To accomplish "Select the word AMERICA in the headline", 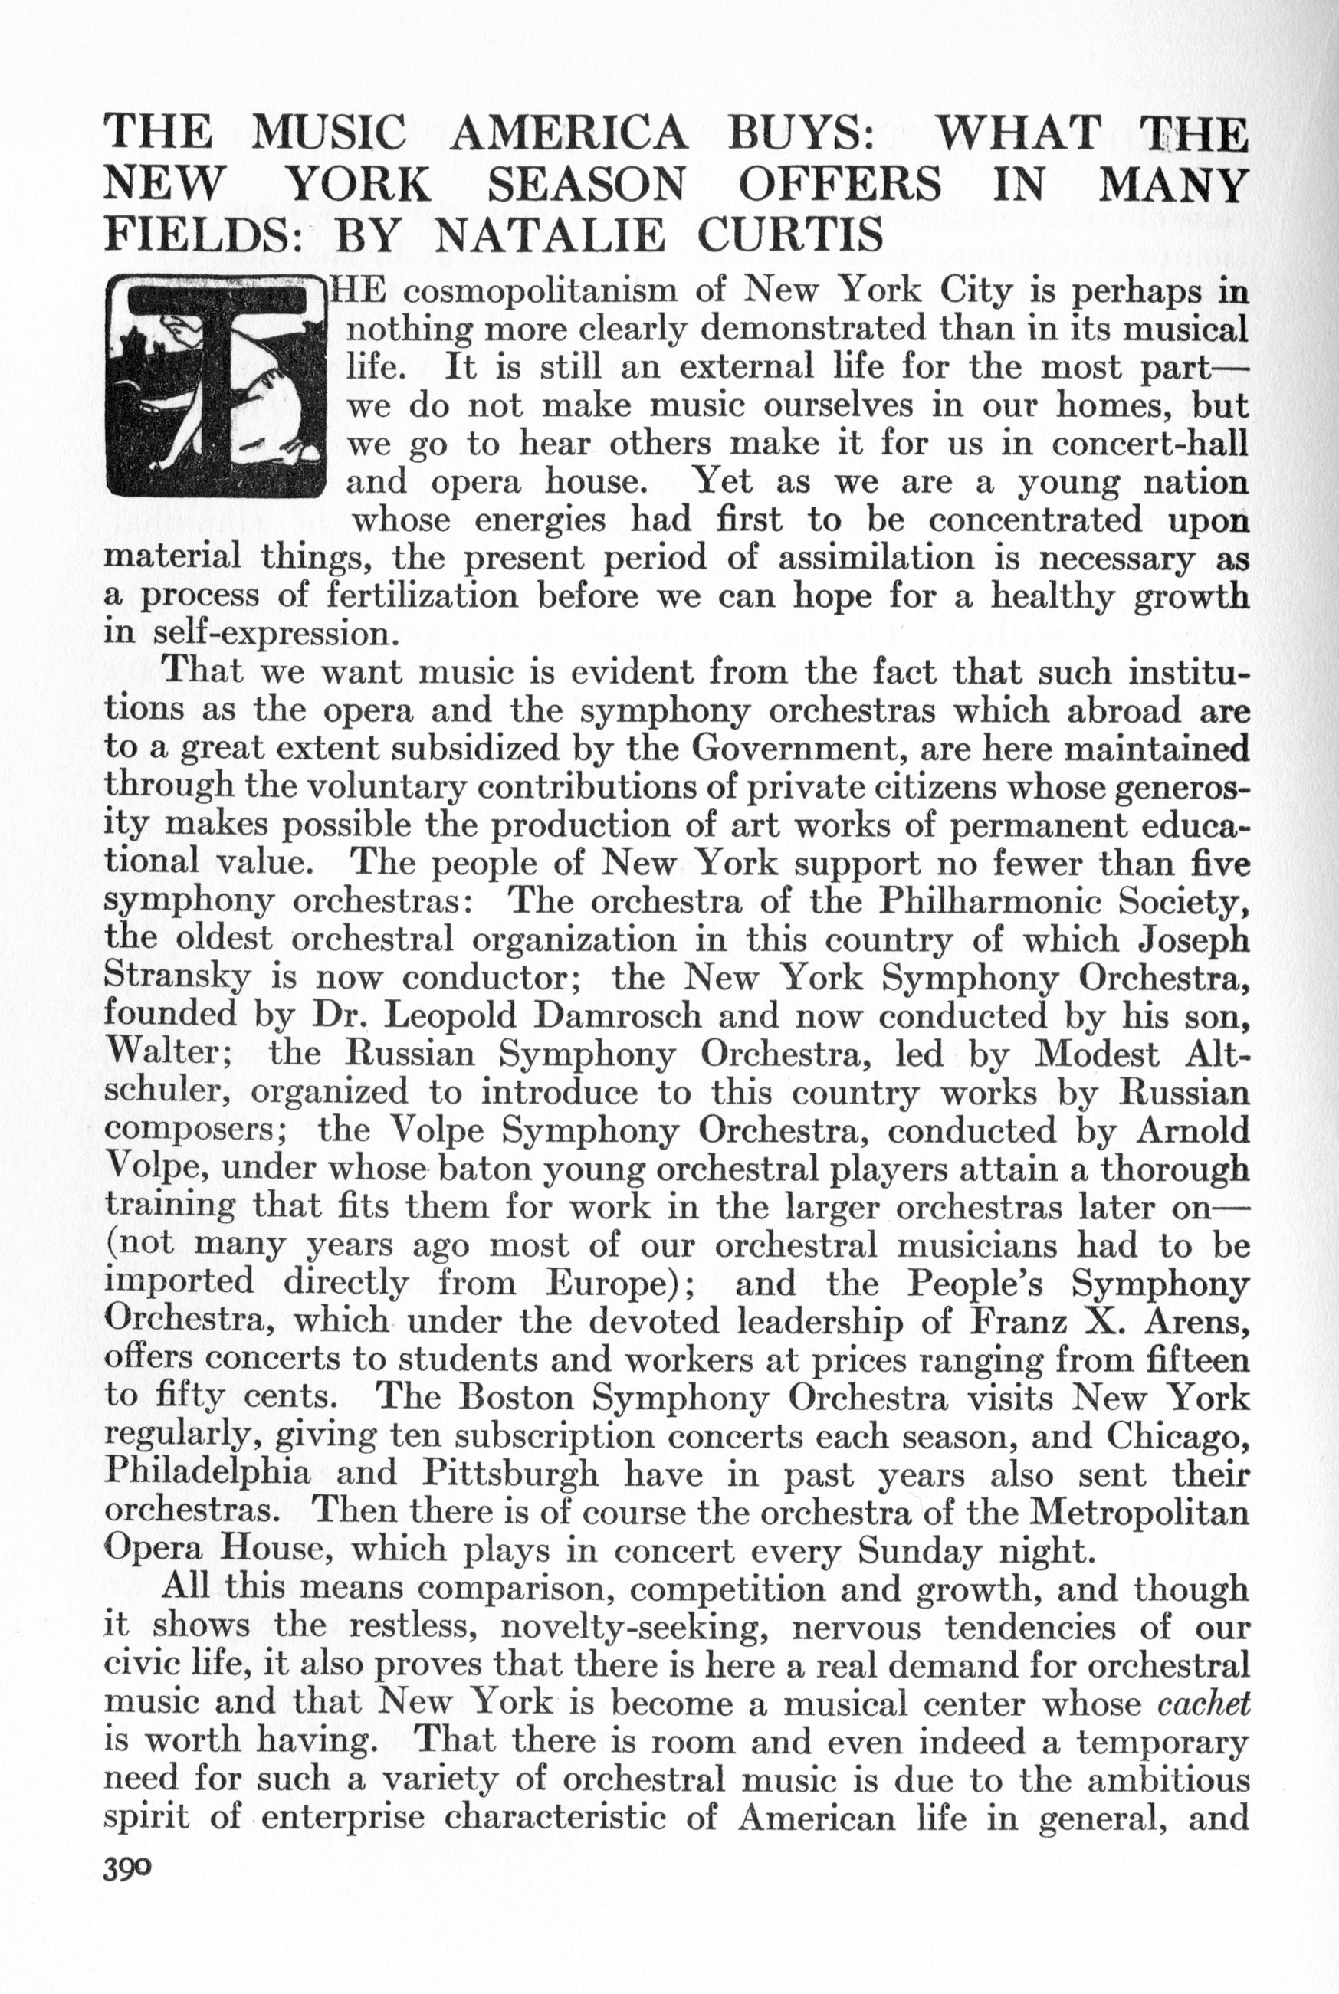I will [x=570, y=134].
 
